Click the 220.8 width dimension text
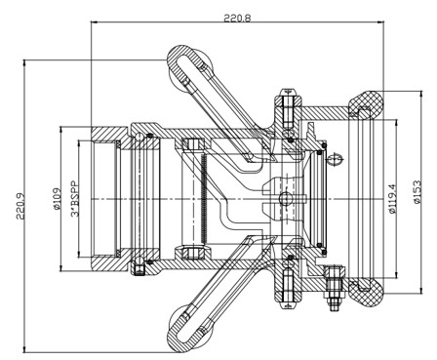click(237, 18)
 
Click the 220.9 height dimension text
click(20, 207)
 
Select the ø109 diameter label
click(57, 199)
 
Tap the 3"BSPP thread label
click(75, 198)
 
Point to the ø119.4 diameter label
click(393, 198)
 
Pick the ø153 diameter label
click(417, 192)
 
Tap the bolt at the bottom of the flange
click(288, 288)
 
